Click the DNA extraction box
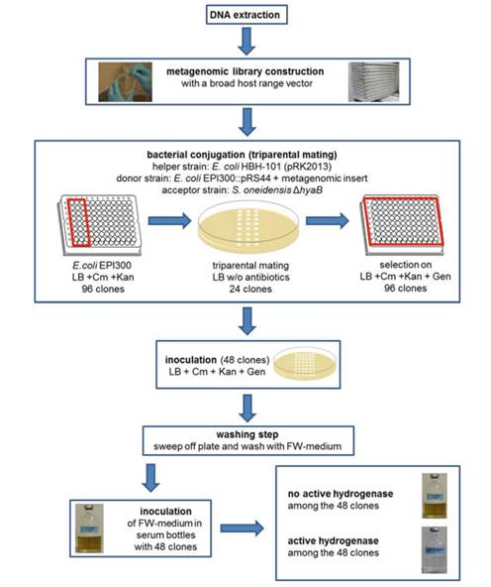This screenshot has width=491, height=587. [246, 15]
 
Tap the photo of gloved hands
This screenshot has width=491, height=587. [125, 82]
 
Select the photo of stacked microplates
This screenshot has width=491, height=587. [373, 82]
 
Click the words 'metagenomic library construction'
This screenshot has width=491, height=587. [245, 71]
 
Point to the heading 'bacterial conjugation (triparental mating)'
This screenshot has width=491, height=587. [242, 155]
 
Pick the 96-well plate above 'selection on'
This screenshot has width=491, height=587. [402, 224]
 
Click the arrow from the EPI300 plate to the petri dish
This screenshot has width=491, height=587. [169, 221]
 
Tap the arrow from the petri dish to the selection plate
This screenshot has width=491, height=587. [328, 221]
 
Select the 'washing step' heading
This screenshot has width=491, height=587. [247, 434]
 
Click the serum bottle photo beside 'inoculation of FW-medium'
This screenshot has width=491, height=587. [89, 528]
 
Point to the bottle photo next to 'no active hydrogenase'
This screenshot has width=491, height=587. [435, 496]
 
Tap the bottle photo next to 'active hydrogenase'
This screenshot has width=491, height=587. [435, 549]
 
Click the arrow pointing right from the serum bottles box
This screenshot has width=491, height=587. [243, 528]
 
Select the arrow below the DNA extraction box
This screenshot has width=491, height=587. [246, 42]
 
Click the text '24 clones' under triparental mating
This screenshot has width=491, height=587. [250, 289]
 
